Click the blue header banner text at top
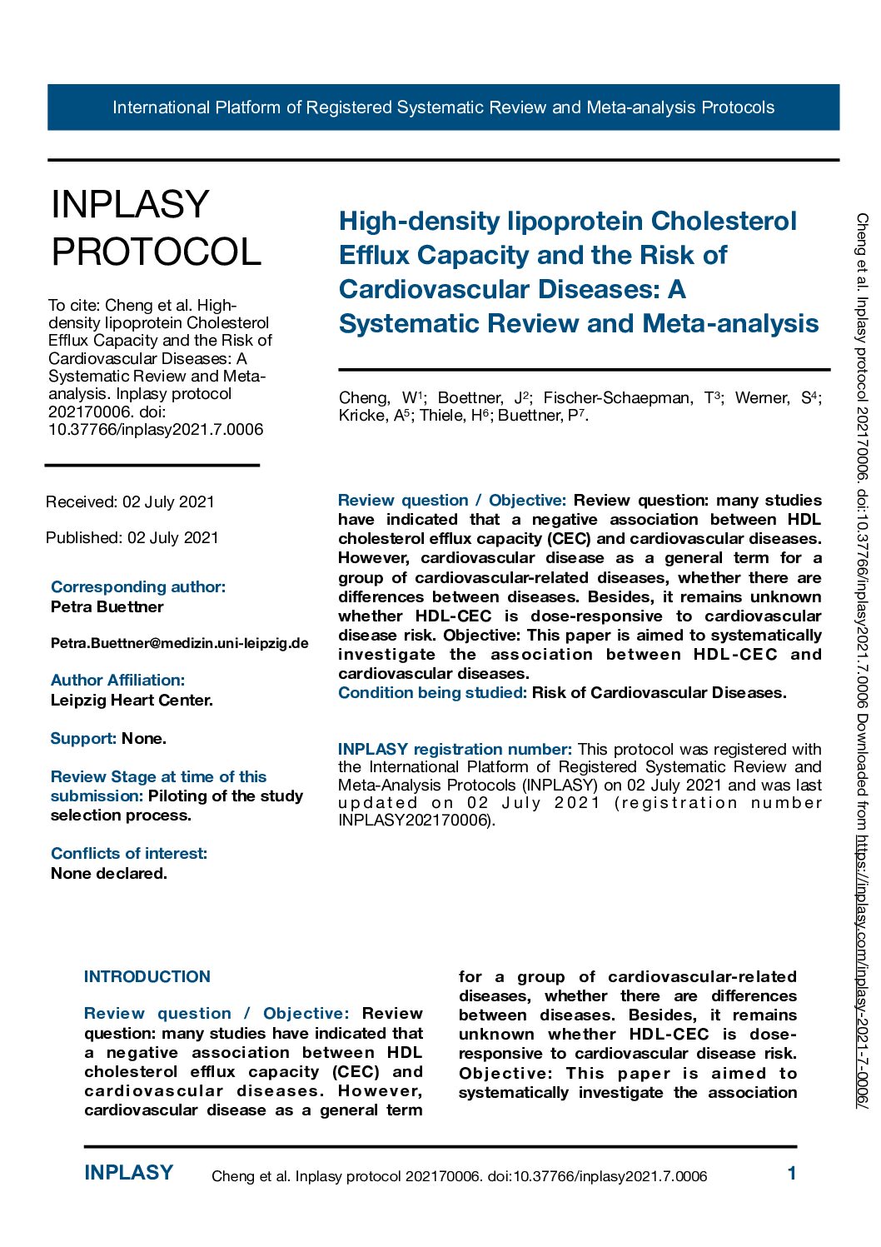point(443,107)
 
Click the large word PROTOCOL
point(157,252)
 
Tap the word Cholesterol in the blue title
point(724,221)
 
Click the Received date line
point(130,501)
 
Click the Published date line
point(132,537)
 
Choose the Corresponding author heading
point(138,586)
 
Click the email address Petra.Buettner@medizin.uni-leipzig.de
point(179,643)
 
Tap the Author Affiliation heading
point(117,680)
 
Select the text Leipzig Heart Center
point(132,700)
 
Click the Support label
point(83,738)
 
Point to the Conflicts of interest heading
point(129,853)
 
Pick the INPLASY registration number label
point(455,749)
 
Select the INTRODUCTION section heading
point(147,976)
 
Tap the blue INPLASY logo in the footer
point(129,1173)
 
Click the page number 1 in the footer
point(792,1174)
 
